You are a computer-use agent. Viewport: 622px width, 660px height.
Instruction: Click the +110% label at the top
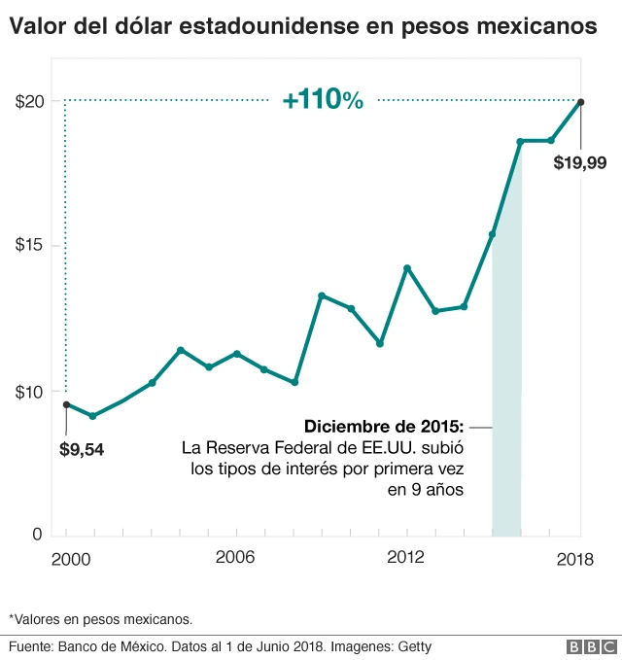pyautogui.click(x=323, y=99)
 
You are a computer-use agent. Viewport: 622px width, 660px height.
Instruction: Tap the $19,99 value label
pyautogui.click(x=579, y=163)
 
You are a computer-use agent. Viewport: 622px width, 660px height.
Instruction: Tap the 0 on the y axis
pyautogui.click(x=36, y=534)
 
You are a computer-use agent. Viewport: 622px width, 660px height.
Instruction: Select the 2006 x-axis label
pyautogui.click(x=234, y=558)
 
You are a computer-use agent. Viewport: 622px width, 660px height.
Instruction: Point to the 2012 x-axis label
pyautogui.click(x=406, y=558)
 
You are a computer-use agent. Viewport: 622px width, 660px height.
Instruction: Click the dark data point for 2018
pyautogui.click(x=580, y=102)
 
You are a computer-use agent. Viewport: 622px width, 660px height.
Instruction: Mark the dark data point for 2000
pyautogui.click(x=66, y=404)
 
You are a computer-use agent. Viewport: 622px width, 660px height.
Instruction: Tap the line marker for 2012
pyautogui.click(x=407, y=267)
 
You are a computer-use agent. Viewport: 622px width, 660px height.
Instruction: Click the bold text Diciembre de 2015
pyautogui.click(x=384, y=427)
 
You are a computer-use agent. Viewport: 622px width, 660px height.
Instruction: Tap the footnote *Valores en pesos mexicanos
pyautogui.click(x=100, y=618)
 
